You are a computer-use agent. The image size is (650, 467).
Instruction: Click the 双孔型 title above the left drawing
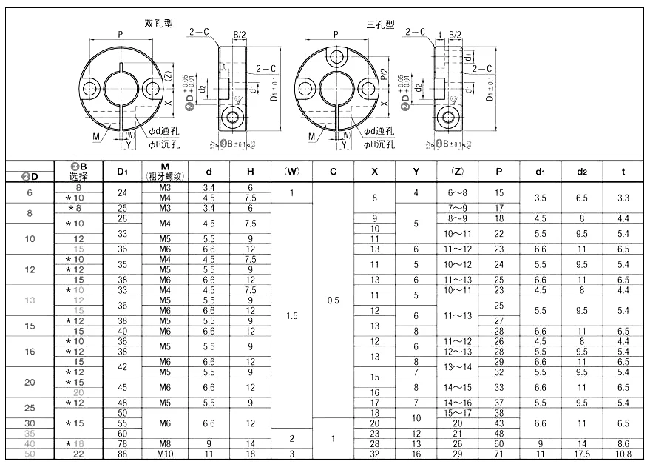(x=159, y=24)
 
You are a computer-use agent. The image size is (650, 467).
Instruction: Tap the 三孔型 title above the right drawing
(x=380, y=24)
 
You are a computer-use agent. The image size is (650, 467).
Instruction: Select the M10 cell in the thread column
(x=165, y=453)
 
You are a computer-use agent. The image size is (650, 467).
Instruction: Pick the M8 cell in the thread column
(x=165, y=443)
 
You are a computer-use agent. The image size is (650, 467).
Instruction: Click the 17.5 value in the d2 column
(x=581, y=453)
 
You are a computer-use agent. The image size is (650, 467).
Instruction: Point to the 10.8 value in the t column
(x=623, y=453)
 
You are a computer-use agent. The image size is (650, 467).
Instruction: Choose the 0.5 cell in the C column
(x=334, y=301)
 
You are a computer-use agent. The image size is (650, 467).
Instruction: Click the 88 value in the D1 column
(x=123, y=453)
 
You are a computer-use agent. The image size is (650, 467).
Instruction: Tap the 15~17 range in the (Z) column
(x=457, y=411)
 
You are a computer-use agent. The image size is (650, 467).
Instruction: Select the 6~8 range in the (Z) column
(x=457, y=192)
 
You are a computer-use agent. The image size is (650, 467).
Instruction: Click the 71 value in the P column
(x=499, y=453)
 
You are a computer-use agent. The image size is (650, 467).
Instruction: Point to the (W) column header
(x=292, y=171)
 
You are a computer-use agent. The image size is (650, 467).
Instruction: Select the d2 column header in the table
(x=581, y=171)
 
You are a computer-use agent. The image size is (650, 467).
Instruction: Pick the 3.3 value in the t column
(x=623, y=198)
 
